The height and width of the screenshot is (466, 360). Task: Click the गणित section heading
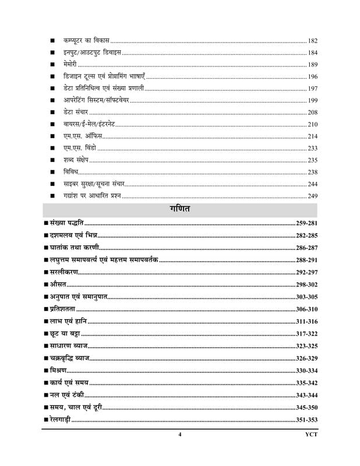click(179, 209)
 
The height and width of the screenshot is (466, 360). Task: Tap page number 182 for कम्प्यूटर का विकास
click(312, 41)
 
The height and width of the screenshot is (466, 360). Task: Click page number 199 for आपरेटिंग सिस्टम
click(312, 100)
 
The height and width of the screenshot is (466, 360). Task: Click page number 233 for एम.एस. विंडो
click(312, 148)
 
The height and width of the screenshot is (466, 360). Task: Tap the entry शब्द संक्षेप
click(77, 160)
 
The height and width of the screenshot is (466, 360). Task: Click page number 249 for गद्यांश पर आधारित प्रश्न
click(312, 196)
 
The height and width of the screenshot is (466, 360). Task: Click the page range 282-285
click(305, 235)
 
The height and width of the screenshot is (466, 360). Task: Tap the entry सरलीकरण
click(64, 271)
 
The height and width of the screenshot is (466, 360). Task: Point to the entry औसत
click(58, 284)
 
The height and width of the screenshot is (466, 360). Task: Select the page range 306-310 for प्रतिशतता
click(305, 308)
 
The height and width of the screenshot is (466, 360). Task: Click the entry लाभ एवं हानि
click(68, 320)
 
